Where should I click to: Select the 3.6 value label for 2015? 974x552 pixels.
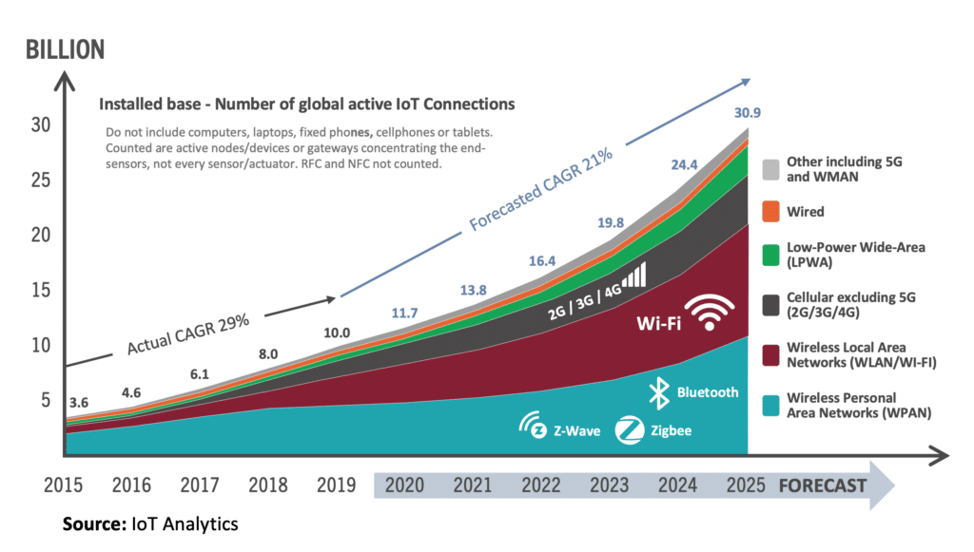click(x=80, y=402)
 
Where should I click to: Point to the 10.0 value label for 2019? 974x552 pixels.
click(x=338, y=333)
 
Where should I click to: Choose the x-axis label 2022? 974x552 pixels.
click(x=540, y=485)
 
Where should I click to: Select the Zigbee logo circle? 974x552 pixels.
click(x=628, y=430)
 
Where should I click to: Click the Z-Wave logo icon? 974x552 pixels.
click(x=534, y=428)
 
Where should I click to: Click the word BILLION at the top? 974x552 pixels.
click(x=64, y=49)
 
